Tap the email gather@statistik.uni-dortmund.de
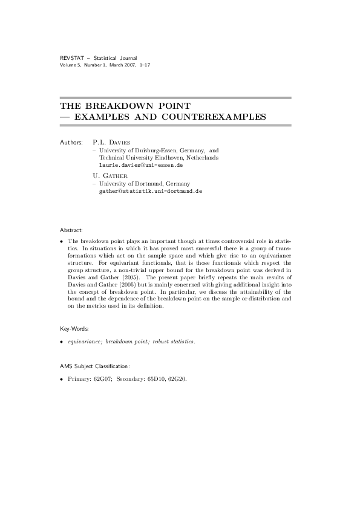(x=150, y=190)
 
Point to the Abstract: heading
(x=71, y=248)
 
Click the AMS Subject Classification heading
(x=96, y=366)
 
